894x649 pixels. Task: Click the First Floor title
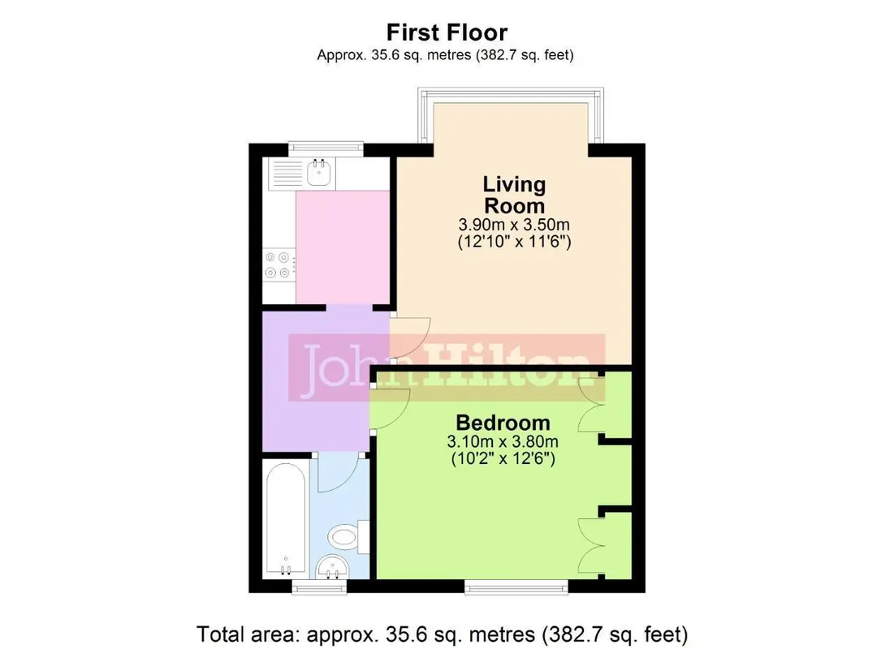(x=447, y=32)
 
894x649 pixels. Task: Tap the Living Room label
(x=514, y=195)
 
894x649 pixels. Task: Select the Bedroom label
(x=503, y=423)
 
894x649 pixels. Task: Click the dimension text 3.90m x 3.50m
(x=514, y=225)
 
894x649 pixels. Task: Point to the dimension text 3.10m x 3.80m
(x=503, y=441)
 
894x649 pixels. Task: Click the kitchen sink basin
(x=319, y=172)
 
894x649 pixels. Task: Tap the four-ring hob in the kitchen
(x=279, y=265)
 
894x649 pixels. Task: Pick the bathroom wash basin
(x=332, y=566)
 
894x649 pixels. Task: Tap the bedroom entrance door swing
(x=390, y=409)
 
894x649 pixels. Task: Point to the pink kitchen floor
(x=343, y=247)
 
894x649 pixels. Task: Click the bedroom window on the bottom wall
(x=516, y=587)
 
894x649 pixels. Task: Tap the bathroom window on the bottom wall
(x=319, y=587)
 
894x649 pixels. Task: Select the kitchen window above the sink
(x=326, y=148)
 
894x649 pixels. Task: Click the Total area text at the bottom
(x=443, y=634)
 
